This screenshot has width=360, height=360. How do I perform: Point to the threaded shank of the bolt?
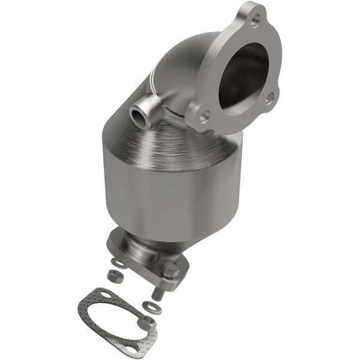click(158, 293)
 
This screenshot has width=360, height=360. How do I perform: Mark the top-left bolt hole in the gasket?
click(106, 295)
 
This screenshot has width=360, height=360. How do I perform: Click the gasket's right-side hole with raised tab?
click(146, 322)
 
